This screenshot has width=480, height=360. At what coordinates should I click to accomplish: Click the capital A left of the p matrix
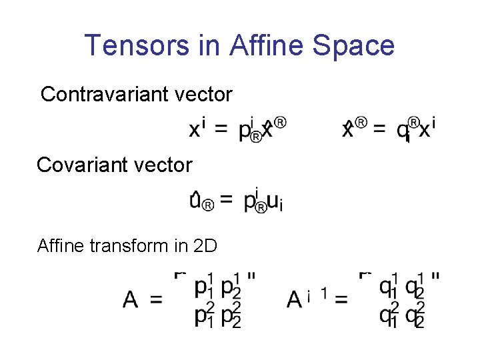[x=131, y=300]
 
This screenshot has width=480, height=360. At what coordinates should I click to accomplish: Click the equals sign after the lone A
[x=156, y=301]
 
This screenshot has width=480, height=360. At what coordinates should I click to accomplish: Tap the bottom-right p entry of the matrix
[x=229, y=315]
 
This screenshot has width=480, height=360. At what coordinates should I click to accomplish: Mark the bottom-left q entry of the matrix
[x=387, y=315]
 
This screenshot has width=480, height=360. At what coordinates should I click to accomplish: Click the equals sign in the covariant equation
[x=227, y=199]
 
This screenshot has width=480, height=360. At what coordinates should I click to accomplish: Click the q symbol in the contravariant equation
[x=404, y=130]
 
